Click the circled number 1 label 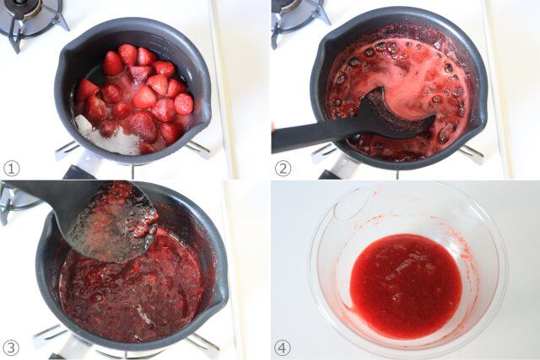(11, 169)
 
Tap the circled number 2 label (283, 169)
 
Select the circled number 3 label (11, 347)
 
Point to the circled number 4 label (282, 347)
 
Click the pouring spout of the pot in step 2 (478, 114)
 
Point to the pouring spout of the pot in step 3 (220, 296)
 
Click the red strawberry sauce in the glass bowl (406, 287)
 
